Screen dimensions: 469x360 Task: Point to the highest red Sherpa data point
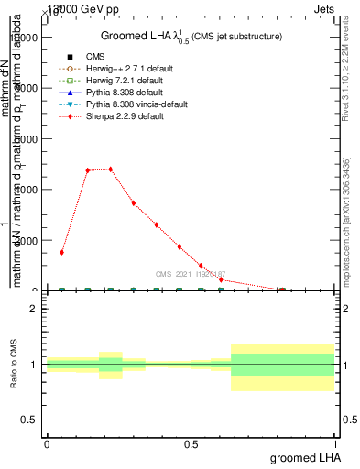[110, 169]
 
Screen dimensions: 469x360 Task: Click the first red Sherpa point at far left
[61, 252]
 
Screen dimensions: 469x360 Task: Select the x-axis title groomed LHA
[305, 456]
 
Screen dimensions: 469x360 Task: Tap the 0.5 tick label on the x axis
[191, 443]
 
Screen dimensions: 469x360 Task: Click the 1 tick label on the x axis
[337, 443]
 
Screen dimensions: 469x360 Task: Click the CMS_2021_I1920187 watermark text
[190, 274]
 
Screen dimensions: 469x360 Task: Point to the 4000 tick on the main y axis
[26, 190]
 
